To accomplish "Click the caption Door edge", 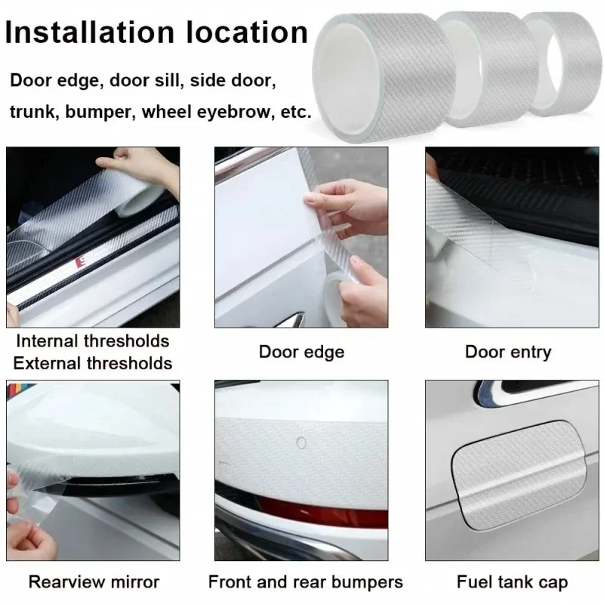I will (301, 352).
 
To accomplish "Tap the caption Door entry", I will (507, 352).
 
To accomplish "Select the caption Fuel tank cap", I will (512, 582).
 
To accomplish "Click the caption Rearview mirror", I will (94, 582).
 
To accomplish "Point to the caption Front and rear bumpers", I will (305, 582).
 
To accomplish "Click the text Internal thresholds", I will (92, 341).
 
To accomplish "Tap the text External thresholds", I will (92, 362).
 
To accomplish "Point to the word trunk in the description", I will (34, 112).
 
